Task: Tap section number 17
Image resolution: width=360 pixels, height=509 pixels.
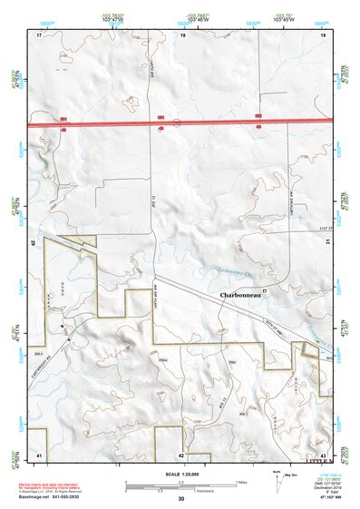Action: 40,35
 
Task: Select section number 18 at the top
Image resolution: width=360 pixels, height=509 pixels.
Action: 183,35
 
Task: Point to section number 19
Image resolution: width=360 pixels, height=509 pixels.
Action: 323,35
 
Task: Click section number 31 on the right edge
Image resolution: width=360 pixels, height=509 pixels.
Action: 324,241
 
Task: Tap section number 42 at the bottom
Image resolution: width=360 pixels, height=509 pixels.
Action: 181,455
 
